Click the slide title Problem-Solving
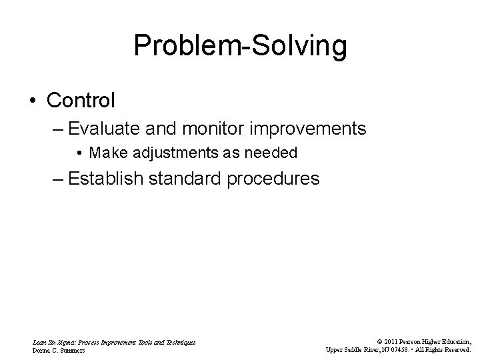(x=240, y=47)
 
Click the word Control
(x=81, y=101)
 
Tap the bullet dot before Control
(x=33, y=101)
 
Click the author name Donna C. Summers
(x=59, y=349)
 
